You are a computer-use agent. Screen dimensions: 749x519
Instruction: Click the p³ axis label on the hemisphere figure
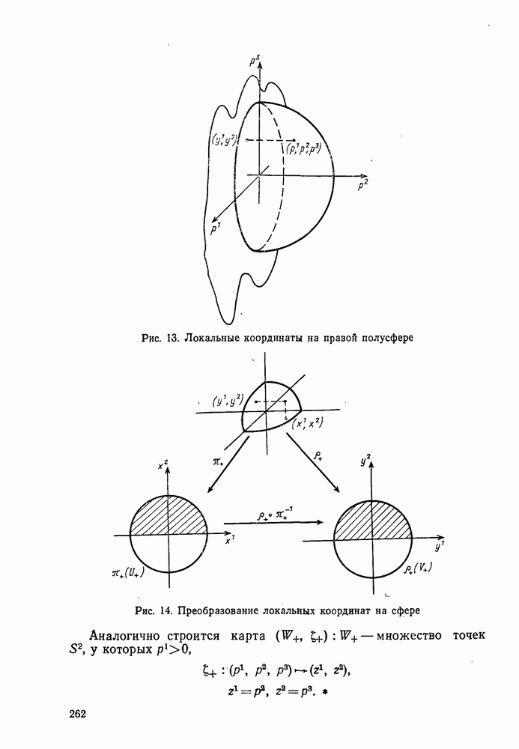(x=256, y=58)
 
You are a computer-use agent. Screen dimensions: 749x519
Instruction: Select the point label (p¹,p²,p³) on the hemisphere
(x=304, y=148)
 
